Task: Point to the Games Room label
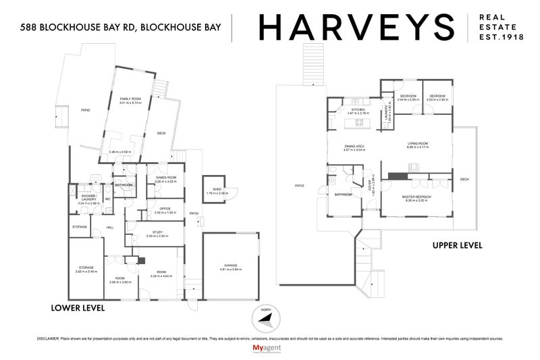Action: [x=165, y=178]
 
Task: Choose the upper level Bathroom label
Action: [x=344, y=195]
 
